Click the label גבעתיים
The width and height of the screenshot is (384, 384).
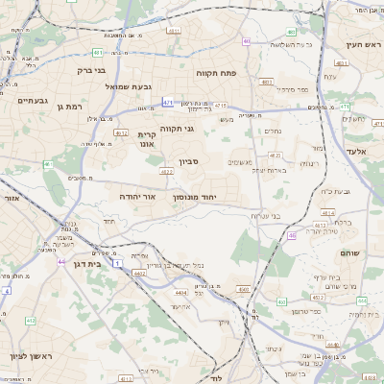pos(32,100)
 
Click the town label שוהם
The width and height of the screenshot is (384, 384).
pos(349,252)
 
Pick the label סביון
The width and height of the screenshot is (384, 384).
pos(188,162)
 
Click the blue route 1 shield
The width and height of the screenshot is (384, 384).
pos(116,262)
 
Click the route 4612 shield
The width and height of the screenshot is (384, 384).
pos(166,172)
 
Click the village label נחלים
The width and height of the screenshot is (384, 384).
pos(273,131)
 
